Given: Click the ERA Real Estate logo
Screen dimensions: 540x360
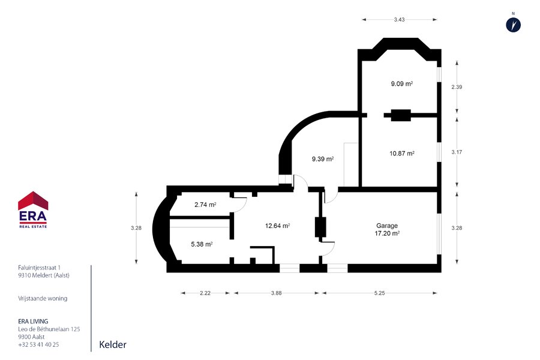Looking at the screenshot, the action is point(33,209).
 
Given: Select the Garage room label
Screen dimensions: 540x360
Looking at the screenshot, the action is point(387,226).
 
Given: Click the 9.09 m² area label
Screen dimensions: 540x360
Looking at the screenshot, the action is point(402,83).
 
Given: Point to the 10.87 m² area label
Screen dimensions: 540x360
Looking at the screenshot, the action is point(402,154).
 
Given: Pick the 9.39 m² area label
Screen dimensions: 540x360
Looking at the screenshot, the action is point(323,159).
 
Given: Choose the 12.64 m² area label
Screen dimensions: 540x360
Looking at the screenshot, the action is point(277,226).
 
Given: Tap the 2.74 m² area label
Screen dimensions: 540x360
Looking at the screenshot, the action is point(205,204).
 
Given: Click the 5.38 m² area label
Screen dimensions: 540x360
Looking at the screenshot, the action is point(202,244).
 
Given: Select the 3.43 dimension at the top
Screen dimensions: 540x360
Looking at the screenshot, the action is point(400,20).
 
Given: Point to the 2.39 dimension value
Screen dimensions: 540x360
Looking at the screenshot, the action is point(457,87).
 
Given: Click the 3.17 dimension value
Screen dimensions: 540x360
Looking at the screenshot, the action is point(457,152).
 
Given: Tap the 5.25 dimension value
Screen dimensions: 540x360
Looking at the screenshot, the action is point(380,293).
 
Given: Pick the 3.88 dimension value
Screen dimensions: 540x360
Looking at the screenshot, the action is point(276,293).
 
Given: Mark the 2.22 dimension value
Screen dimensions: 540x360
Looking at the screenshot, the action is point(205,293).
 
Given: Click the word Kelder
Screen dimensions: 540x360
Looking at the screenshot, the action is point(113,344).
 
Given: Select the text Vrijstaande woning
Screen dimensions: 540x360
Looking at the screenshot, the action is point(43,298).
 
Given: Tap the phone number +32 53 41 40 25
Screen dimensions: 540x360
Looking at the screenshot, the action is point(38,344).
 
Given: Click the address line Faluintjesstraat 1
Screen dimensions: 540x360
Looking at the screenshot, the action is point(39,268).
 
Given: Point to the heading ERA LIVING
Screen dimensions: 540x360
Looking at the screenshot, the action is point(33,322).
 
